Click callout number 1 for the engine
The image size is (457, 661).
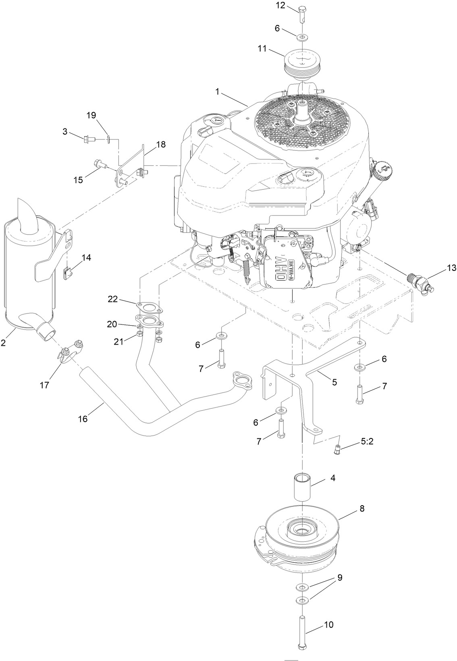[217, 92]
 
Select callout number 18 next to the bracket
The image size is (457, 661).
[160, 145]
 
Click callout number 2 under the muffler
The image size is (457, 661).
[3, 343]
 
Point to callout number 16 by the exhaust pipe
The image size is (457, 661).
[83, 419]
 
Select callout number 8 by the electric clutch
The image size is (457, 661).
[361, 508]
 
